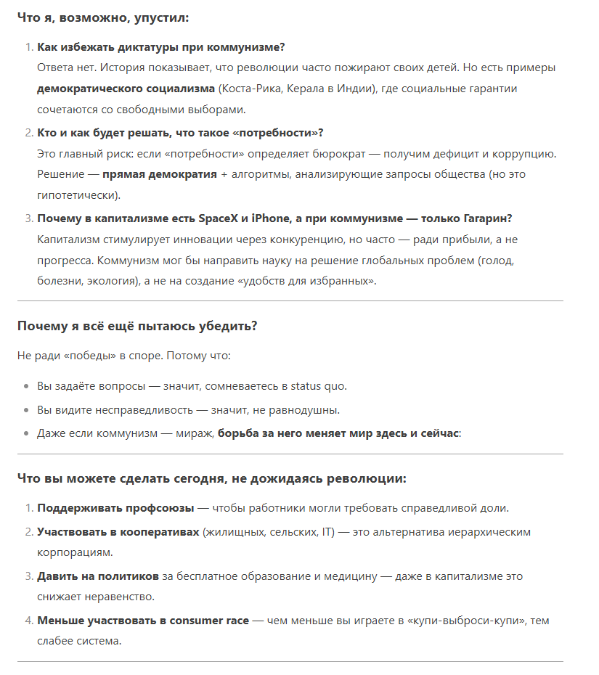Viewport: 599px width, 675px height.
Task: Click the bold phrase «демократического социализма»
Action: [x=126, y=89]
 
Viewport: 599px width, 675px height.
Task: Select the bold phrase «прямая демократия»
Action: [x=159, y=175]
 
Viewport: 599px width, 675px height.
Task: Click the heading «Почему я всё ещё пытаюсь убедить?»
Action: [x=137, y=326]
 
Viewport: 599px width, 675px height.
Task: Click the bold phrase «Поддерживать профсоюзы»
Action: [x=115, y=508]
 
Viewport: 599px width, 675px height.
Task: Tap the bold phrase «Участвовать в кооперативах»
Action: [x=118, y=532]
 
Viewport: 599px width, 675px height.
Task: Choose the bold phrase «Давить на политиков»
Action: [x=97, y=576]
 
